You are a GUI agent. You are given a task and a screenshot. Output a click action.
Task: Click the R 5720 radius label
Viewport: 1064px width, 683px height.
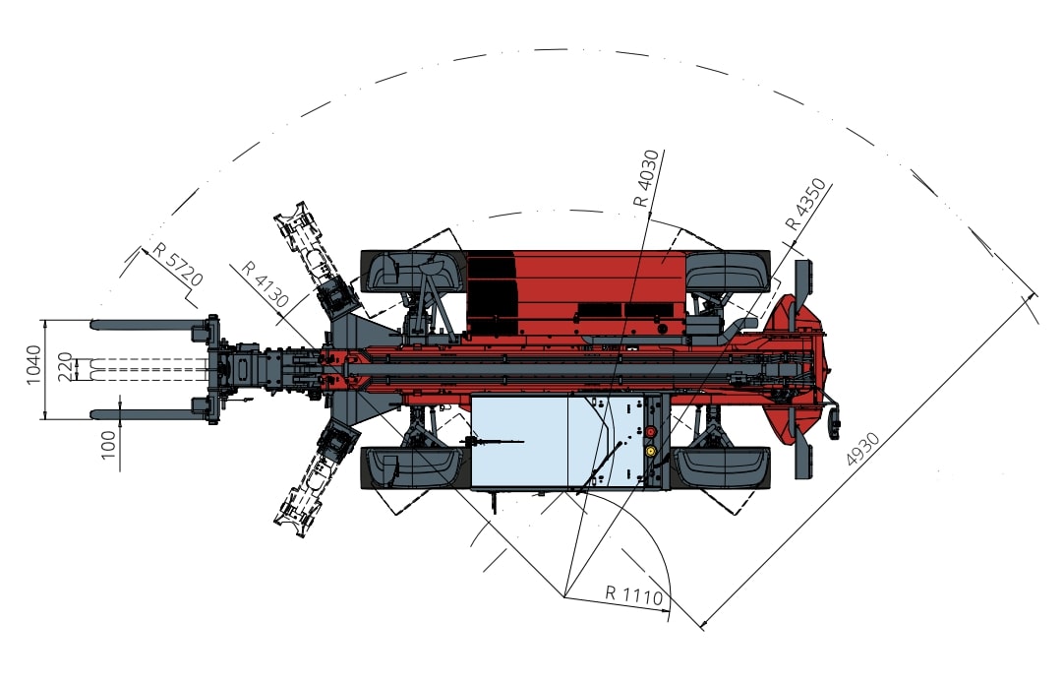[x=177, y=264]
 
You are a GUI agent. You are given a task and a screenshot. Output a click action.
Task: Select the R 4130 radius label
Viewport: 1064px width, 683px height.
[x=265, y=284]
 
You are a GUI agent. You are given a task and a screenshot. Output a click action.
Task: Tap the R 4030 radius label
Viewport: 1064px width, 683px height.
[x=645, y=178]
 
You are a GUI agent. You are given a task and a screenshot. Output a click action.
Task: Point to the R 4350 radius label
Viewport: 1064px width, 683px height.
[x=805, y=205]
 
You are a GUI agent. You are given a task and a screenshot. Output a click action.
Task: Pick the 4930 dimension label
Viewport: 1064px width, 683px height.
[x=863, y=449]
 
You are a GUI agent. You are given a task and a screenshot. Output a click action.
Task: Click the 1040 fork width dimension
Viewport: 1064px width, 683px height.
[x=33, y=364]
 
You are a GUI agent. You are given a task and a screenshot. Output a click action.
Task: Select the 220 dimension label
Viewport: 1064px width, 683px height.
[x=65, y=367]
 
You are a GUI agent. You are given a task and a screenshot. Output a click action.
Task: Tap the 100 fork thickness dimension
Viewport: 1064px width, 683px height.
[x=108, y=445]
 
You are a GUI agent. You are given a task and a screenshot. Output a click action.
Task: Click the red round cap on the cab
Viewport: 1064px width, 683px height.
[x=650, y=432]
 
